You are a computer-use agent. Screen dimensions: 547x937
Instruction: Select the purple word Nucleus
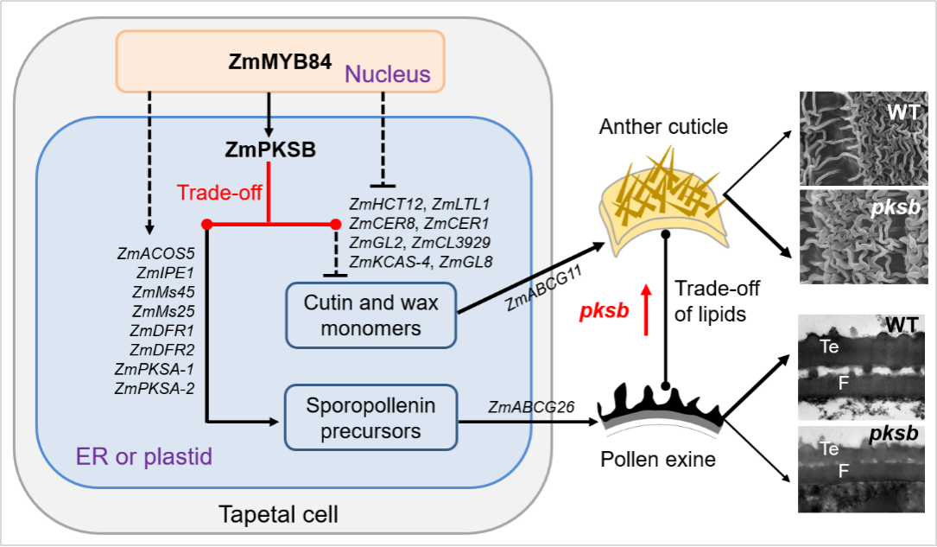[x=387, y=74]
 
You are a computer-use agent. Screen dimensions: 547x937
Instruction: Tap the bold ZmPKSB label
[x=270, y=149]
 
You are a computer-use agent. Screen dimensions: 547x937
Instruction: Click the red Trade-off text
[x=219, y=192]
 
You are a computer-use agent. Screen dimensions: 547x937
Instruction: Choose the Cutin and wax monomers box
[x=370, y=315]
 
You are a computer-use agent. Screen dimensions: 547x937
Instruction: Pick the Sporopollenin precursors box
[x=370, y=417]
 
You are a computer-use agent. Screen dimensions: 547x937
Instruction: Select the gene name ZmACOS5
[x=155, y=253]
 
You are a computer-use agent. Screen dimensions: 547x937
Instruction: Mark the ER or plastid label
[x=143, y=455]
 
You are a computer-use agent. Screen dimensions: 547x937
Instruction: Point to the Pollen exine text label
[x=658, y=459]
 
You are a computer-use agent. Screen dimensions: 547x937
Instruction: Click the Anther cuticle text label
[x=663, y=127]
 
